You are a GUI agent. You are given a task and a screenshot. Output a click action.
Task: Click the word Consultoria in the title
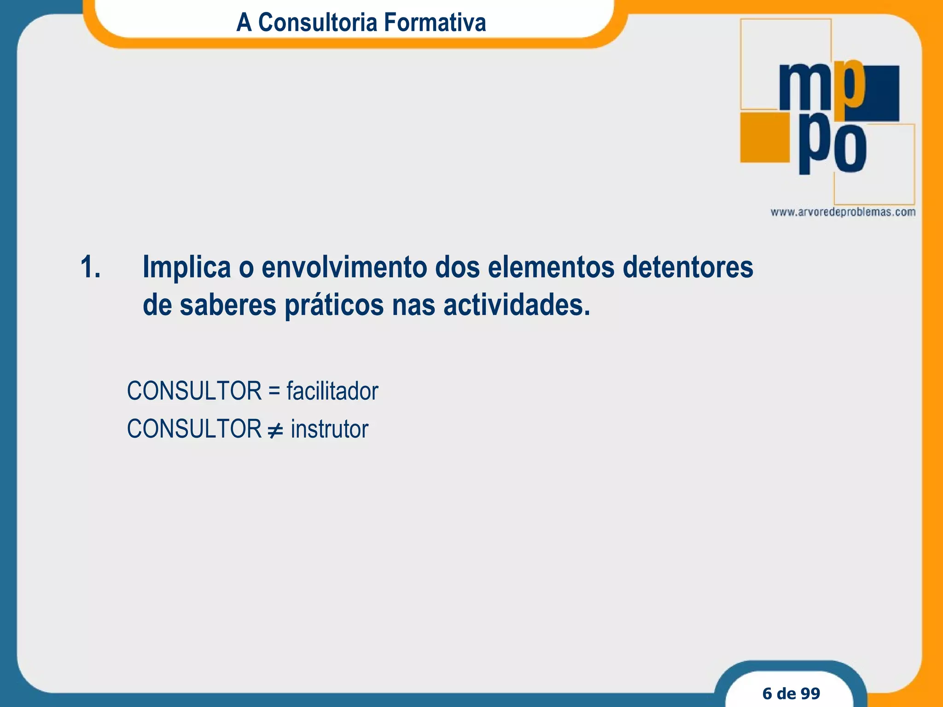point(318,22)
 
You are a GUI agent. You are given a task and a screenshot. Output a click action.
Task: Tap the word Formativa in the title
point(435,22)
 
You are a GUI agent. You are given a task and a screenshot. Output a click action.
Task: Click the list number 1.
point(90,267)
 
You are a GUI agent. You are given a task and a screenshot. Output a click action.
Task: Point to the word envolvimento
point(344,267)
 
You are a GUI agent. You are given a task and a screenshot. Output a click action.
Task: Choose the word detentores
point(688,267)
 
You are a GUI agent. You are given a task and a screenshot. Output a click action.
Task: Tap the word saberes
point(227,305)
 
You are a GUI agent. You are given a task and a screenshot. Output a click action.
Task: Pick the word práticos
point(334,306)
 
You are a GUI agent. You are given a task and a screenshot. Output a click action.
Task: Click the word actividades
point(516,305)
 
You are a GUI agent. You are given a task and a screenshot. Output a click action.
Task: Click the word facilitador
point(332,391)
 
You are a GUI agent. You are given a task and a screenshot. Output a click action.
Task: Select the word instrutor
point(329,429)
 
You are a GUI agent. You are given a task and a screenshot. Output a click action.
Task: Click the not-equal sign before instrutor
point(275,430)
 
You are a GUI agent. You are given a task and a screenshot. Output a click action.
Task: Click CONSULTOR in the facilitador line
point(194,391)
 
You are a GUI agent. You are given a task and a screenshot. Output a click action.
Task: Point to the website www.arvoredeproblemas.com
point(843,212)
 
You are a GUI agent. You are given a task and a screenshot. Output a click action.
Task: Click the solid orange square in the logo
point(764,137)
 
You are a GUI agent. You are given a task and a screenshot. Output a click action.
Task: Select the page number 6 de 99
point(791,693)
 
